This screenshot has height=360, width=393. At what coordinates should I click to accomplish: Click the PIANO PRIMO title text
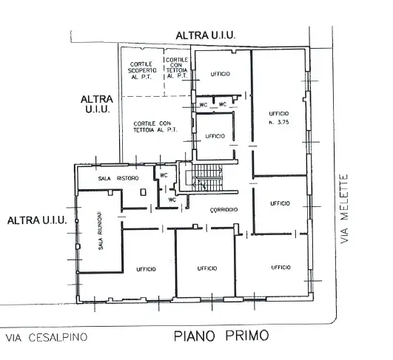(x=222, y=336)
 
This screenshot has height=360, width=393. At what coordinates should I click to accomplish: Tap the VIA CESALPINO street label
(x=47, y=338)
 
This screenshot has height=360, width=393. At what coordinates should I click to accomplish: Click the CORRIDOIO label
(x=223, y=210)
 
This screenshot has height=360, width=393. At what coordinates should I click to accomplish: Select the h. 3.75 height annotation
(x=279, y=121)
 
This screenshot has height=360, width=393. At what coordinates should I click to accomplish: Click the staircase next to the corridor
(x=208, y=178)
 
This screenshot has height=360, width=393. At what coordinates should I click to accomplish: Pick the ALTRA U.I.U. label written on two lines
(x=97, y=103)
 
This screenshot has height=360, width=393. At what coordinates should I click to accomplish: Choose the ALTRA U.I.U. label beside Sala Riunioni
(x=38, y=220)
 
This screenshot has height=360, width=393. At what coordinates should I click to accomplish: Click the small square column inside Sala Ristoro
(x=143, y=191)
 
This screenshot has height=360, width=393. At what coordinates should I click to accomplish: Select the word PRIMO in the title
(x=246, y=336)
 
